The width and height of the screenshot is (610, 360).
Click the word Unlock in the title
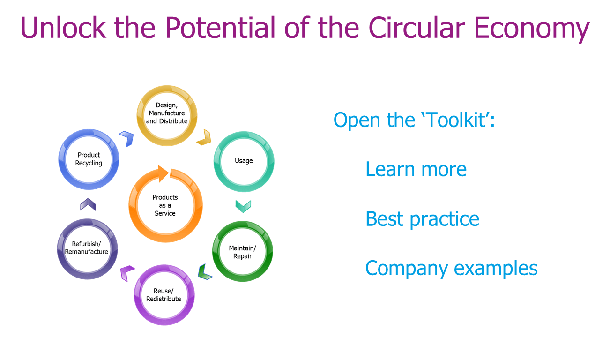[63, 28]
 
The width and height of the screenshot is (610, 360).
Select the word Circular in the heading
[417, 27]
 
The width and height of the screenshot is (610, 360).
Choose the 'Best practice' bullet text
[423, 220]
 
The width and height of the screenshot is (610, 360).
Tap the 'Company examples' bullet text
[452, 269]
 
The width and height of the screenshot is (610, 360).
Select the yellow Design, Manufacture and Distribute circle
[167, 90]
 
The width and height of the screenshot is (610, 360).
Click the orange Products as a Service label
[165, 205]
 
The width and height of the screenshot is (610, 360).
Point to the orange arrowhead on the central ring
[163, 173]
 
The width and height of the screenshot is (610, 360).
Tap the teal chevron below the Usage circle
[243, 207]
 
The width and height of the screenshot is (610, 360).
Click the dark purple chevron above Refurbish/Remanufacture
[88, 203]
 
